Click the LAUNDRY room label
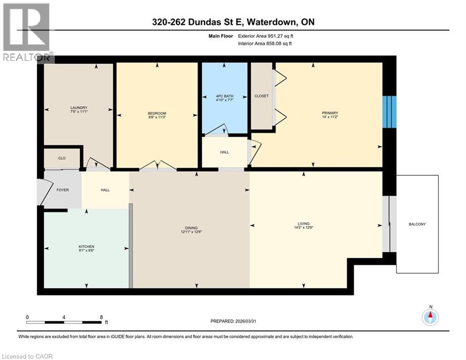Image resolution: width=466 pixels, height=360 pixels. coord(79,107)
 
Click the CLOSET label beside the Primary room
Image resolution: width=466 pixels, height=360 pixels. coord(261,96)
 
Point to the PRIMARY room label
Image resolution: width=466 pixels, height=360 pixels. coord(330,112)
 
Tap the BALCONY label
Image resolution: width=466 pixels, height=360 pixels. coord(417,224)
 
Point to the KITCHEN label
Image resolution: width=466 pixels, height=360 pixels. coord(86,247)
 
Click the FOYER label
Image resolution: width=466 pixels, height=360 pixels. coord(63,190)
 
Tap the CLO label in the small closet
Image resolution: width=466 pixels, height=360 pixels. coord(62,158)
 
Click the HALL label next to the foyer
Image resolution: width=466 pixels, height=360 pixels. coord(105,190)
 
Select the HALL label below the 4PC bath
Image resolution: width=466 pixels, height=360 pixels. coord(224,152)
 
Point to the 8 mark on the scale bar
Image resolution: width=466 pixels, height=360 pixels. coord(102,317)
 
